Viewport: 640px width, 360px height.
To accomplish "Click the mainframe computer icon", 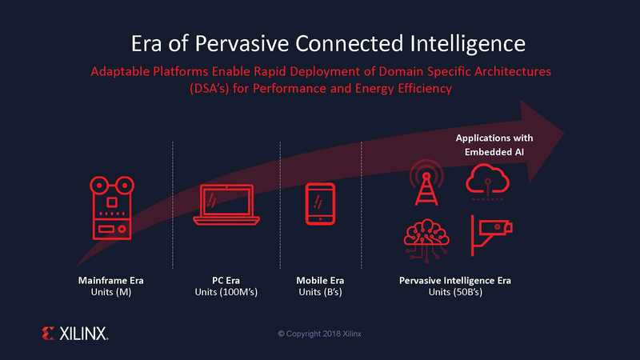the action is click(x=112, y=208).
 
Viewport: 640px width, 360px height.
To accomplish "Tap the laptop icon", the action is click(x=226, y=205).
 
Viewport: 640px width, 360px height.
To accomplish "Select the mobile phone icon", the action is click(x=321, y=204).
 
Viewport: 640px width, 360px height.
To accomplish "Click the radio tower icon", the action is click(x=426, y=182).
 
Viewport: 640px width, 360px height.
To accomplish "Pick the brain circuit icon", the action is click(x=426, y=238).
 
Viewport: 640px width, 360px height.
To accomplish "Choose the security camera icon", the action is click(x=491, y=234).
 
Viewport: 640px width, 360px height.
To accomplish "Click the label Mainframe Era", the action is click(x=110, y=281).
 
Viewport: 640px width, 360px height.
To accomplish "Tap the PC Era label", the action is click(x=226, y=281).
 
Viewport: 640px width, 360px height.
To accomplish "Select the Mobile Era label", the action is click(x=320, y=281).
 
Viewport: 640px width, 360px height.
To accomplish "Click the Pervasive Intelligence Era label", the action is click(x=454, y=281).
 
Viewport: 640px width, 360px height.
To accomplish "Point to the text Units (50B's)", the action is click(x=455, y=292).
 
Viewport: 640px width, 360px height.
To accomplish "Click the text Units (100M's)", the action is click(x=226, y=292).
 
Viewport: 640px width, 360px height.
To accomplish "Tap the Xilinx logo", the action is click(x=74, y=334).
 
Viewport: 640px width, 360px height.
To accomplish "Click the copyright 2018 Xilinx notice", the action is click(x=319, y=334).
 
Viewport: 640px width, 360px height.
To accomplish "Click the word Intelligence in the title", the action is click(x=467, y=44).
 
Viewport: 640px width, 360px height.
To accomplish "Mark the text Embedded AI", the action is click(x=494, y=152).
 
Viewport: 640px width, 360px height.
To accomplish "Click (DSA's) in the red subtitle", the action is click(x=209, y=89).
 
